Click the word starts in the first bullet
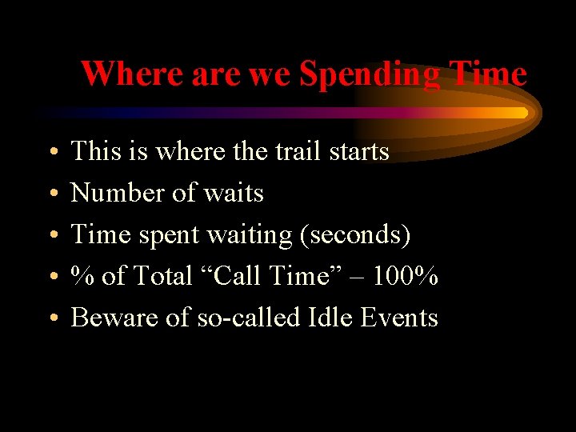pos(359,151)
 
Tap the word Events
pos(399,318)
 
